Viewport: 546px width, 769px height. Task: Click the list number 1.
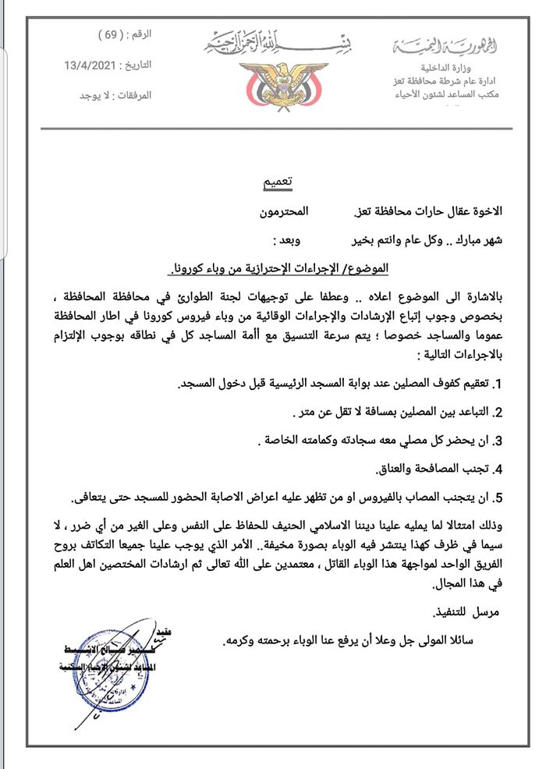tap(499, 384)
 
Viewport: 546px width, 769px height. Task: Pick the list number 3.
tap(498, 441)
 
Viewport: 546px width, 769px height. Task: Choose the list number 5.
tap(498, 497)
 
